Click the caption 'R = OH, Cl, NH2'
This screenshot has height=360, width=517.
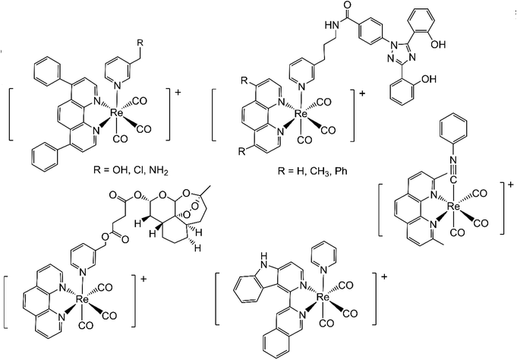coord(131,172)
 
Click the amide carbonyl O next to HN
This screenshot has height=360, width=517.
coord(346,5)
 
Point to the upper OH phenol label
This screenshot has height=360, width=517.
coord(438,44)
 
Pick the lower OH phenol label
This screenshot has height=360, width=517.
coord(428,79)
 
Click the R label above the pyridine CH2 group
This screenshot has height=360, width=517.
coord(140,43)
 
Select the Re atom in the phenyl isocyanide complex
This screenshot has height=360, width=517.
coord(453,207)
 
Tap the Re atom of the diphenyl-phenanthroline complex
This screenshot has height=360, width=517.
coord(116,113)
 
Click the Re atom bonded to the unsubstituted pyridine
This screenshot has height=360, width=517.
coord(323,297)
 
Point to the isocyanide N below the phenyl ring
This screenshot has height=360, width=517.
coord(453,160)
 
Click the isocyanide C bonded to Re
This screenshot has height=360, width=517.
coord(453,180)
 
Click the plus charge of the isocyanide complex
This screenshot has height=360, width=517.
coord(511,185)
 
